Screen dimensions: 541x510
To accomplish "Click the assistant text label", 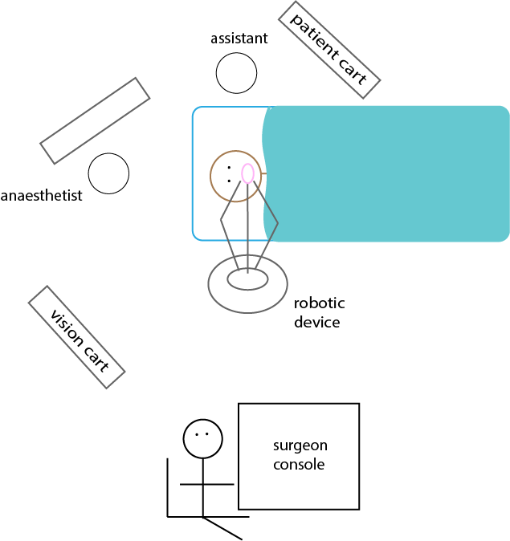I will click(x=239, y=39).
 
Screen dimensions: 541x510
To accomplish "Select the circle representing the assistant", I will click(x=236, y=73).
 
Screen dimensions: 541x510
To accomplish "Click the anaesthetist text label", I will click(x=42, y=195).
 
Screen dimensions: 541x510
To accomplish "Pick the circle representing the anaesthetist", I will click(x=108, y=173).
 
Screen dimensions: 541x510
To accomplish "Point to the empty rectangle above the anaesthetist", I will click(x=96, y=120).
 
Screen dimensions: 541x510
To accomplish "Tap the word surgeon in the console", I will click(x=300, y=446).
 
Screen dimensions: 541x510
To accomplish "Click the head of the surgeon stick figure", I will click(x=202, y=438).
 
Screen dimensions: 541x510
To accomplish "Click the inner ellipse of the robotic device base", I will click(x=247, y=279).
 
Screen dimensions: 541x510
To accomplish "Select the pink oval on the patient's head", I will click(x=248, y=173).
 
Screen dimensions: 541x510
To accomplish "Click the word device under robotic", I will click(x=316, y=323).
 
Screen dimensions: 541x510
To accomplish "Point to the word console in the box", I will click(x=299, y=464).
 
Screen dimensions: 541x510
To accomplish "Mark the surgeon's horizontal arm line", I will click(x=207, y=485).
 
